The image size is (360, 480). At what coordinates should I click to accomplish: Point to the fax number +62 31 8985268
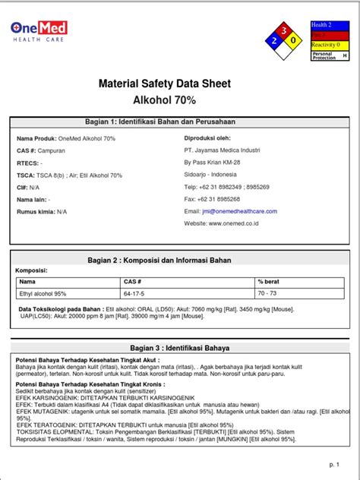pos(222,199)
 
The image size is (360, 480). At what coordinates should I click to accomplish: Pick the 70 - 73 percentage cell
pos(267,292)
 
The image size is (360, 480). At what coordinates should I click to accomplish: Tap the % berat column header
pos(270,281)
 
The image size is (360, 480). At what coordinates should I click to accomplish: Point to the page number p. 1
pos(333,463)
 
